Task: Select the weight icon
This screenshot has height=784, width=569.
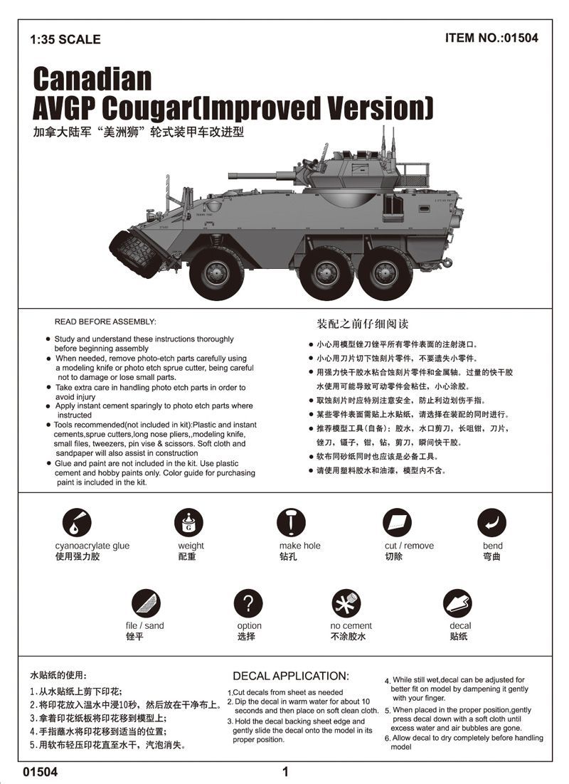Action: coord(188,523)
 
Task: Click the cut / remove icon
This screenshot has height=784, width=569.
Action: coord(398,523)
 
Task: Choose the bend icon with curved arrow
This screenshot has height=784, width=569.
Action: coord(491,523)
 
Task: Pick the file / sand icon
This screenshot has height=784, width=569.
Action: coord(145,604)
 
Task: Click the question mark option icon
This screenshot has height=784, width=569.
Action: coord(248,604)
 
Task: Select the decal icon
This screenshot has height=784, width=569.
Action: coord(457,604)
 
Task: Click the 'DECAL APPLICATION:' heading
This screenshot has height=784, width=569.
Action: coord(291,676)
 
